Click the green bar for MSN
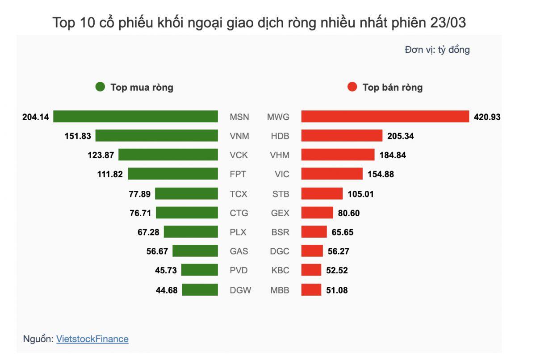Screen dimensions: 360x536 point(135,117)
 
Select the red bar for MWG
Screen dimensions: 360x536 point(385,117)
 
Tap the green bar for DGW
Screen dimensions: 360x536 point(200,290)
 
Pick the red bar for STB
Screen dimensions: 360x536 point(322,194)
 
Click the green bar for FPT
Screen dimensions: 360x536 point(173,174)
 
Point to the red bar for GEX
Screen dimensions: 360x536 point(317,213)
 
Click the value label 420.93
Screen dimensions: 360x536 point(487,117)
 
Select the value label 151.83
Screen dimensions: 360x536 point(78,136)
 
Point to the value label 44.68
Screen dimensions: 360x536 point(167,290)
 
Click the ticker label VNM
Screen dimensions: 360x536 point(239,136)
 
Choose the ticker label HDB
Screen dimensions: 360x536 point(280,136)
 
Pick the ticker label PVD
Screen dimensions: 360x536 point(239,271)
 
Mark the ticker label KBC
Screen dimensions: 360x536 point(280,271)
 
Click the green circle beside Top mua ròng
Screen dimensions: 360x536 point(100,87)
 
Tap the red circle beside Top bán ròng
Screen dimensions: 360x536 point(352,87)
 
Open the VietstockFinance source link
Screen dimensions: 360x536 point(92,339)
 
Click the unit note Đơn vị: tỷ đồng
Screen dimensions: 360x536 point(437,50)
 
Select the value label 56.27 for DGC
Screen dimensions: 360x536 point(339,251)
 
